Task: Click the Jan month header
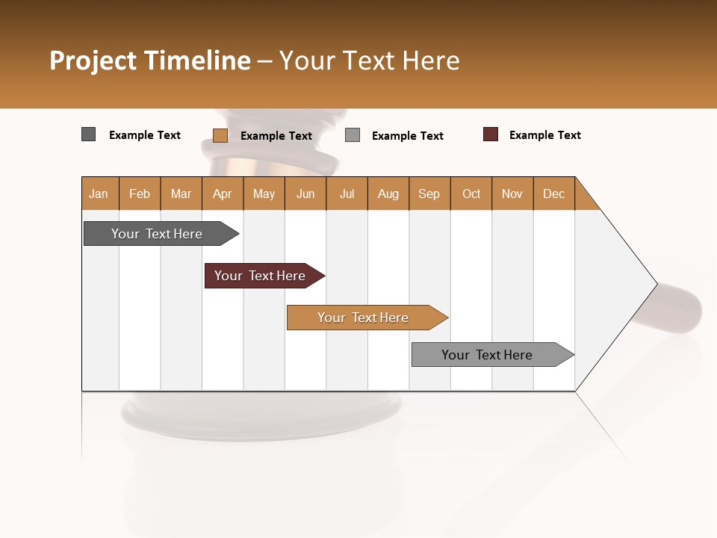click(x=99, y=194)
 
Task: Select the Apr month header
click(x=223, y=194)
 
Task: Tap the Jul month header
click(x=347, y=194)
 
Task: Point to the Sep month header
click(x=429, y=194)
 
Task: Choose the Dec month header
click(x=553, y=194)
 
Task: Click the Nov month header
click(x=512, y=194)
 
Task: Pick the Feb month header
click(x=140, y=194)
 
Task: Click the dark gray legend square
click(x=88, y=134)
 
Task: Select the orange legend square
click(x=220, y=135)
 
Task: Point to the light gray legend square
click(x=353, y=135)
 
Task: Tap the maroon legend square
click(x=491, y=134)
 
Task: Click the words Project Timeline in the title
click(x=149, y=61)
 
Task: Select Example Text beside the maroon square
click(x=544, y=135)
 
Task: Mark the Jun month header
click(x=305, y=194)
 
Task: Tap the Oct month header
click(x=471, y=194)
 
